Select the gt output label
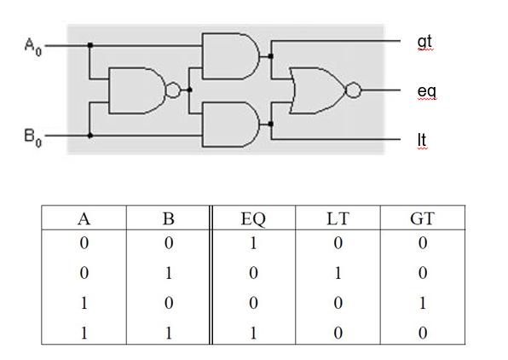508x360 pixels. pos(424,42)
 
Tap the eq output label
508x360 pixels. pos(426,90)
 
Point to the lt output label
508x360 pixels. pos(422,138)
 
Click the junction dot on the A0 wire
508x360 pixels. pos(89,44)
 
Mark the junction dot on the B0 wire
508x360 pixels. pos(89,135)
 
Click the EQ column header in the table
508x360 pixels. pos(253,218)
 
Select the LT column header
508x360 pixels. pos(338,218)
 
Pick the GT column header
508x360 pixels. pos(422,218)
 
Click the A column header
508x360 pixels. pos(84,218)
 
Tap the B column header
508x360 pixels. pos(168,218)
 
